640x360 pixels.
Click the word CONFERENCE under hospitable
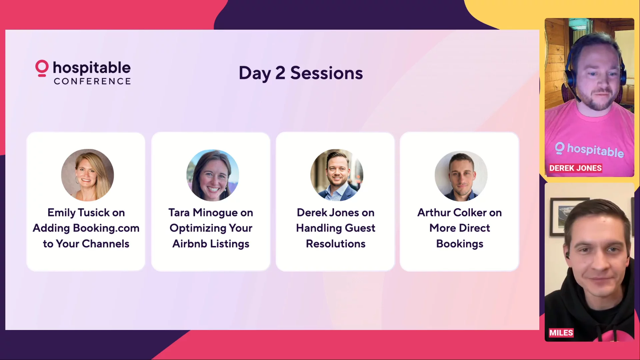[92, 81]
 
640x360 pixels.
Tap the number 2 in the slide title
[280, 73]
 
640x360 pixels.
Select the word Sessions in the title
[326, 73]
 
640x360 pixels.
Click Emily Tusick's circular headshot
[87, 175]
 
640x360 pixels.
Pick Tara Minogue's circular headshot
[212, 175]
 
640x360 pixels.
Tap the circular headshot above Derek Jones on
[337, 175]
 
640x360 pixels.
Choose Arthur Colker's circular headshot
[461, 176]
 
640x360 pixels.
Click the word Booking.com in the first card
[106, 228]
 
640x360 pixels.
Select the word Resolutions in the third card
[336, 244]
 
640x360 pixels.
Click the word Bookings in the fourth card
[460, 244]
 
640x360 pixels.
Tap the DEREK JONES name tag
[575, 168]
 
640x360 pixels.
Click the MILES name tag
[561, 333]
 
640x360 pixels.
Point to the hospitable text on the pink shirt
[595, 150]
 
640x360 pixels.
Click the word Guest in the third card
[360, 228]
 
